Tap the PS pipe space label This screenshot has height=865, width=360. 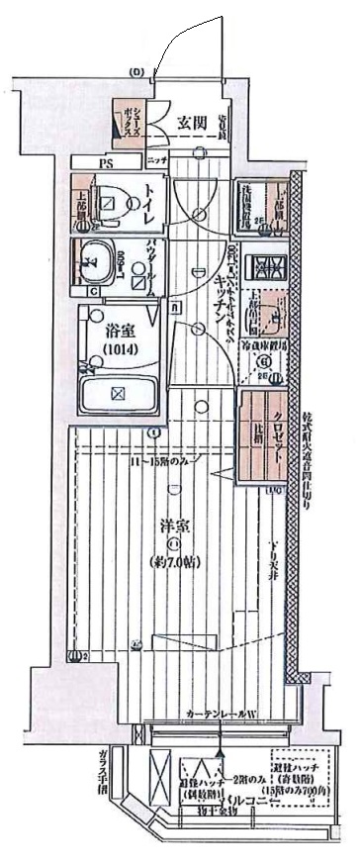coord(105,161)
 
